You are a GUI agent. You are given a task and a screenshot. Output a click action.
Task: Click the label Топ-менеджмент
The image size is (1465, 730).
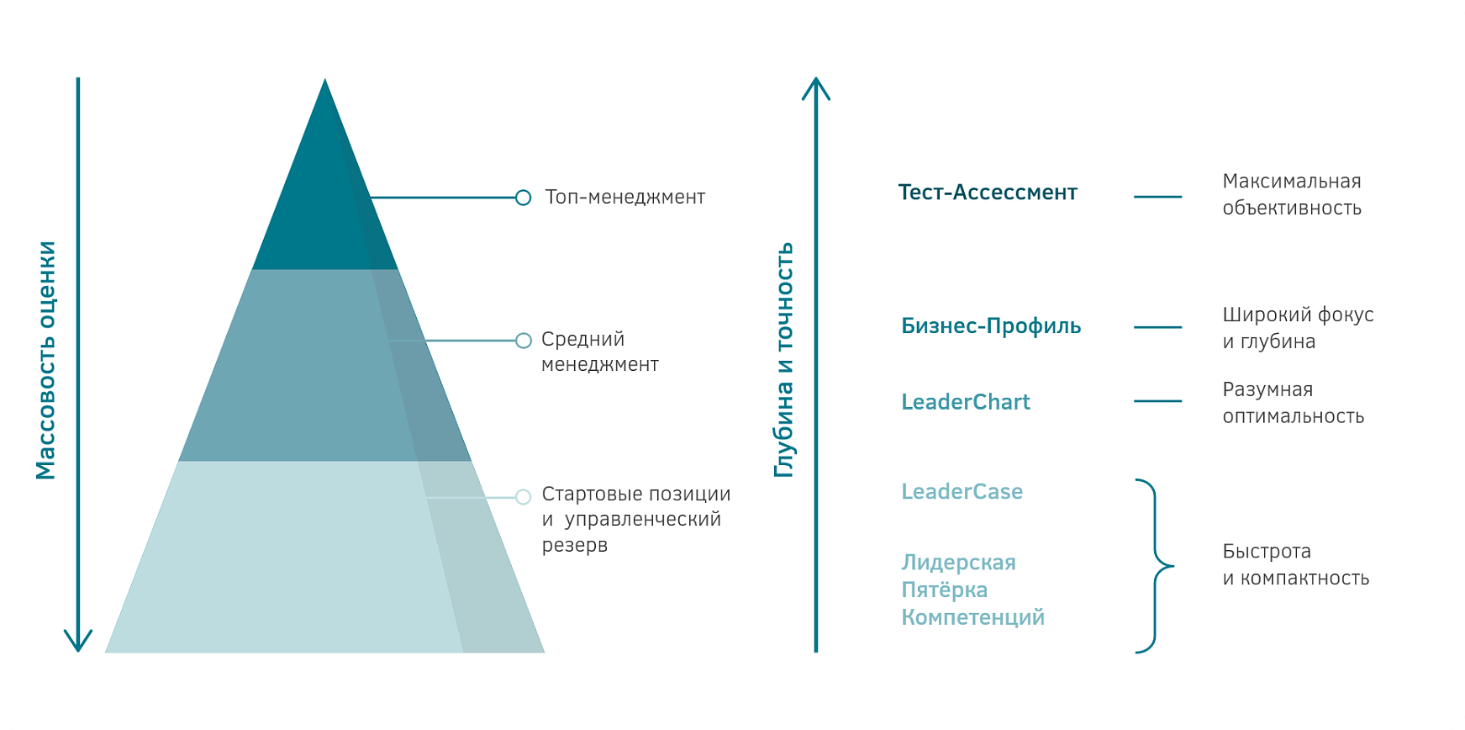tap(624, 197)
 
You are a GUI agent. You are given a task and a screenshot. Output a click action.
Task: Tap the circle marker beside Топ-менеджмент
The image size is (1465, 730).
tap(523, 198)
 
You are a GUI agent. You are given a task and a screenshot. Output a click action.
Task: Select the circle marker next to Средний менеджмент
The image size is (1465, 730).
tap(523, 341)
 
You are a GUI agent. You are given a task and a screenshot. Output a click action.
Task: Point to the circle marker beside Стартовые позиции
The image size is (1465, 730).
tap(523, 497)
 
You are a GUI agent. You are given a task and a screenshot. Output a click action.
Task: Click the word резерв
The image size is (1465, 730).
tap(574, 545)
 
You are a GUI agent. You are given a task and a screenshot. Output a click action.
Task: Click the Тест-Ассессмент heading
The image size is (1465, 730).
tap(988, 193)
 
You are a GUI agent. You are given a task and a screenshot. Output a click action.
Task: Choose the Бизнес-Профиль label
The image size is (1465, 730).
tap(991, 326)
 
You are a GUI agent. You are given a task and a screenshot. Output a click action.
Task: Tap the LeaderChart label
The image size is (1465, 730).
tap(965, 402)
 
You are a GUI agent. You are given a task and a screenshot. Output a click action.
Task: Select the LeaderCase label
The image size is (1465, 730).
tap(962, 491)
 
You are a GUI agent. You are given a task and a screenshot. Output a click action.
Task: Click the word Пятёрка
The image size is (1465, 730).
tap(944, 590)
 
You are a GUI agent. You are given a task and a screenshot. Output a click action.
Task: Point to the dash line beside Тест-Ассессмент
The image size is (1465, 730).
tap(1157, 197)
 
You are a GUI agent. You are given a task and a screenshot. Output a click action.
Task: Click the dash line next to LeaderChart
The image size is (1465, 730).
tap(1157, 401)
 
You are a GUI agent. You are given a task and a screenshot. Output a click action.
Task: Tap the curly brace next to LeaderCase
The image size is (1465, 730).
tap(1155, 565)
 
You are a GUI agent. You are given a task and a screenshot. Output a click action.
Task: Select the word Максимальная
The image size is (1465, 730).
tap(1291, 181)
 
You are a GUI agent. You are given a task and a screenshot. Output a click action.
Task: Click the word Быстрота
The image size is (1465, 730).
tap(1267, 552)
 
